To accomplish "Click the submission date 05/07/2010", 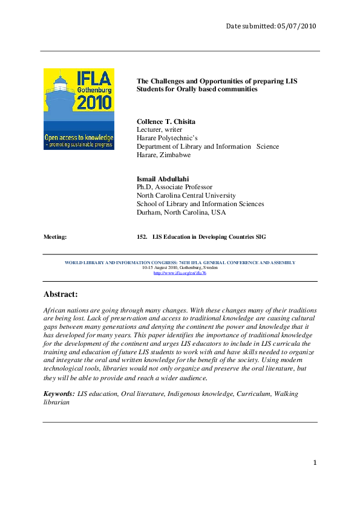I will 296,26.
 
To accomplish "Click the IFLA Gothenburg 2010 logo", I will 78,109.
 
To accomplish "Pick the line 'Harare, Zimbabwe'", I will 163,155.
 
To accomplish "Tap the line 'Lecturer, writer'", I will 159,129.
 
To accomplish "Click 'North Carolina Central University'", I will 186,196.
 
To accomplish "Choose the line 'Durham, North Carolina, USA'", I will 181,213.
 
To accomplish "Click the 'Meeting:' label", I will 55,237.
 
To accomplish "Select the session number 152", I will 143,237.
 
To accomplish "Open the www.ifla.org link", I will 180,273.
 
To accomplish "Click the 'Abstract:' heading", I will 61,294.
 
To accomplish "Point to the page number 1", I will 315,463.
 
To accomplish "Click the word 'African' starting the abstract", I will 56,310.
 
